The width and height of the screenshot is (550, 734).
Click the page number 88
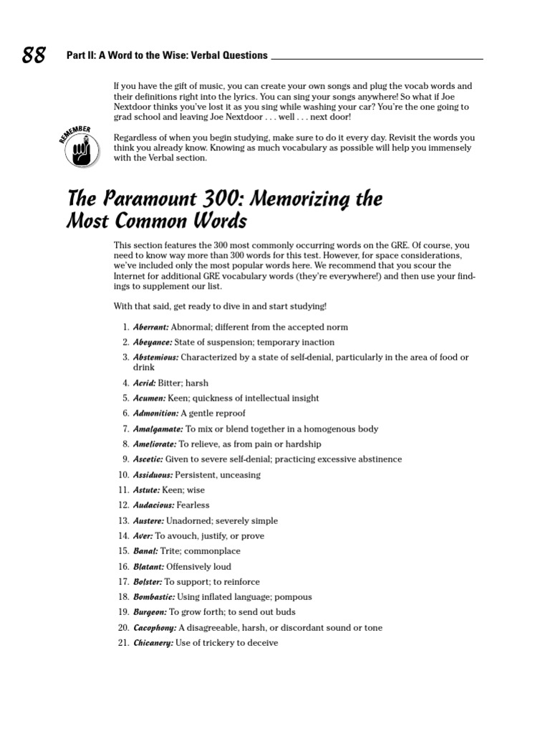click(x=34, y=55)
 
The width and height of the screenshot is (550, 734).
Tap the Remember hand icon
click(x=80, y=147)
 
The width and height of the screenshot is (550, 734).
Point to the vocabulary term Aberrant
click(x=150, y=327)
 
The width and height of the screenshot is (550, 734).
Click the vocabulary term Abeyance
click(x=152, y=342)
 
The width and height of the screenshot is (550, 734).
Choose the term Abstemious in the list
click(x=155, y=357)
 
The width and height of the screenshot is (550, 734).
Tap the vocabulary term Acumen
click(x=149, y=398)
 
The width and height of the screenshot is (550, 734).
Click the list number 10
click(x=123, y=475)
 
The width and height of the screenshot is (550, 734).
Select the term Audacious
click(x=153, y=505)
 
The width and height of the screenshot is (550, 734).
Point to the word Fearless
click(x=193, y=505)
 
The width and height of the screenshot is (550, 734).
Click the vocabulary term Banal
click(x=146, y=551)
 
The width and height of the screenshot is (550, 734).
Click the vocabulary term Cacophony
click(x=155, y=628)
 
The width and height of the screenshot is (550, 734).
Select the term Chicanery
click(x=153, y=643)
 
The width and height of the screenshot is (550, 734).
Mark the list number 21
click(x=123, y=643)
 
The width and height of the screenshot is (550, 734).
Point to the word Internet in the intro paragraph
click(x=132, y=276)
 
